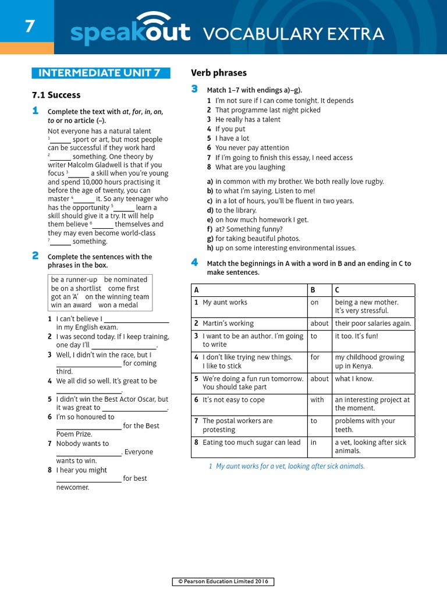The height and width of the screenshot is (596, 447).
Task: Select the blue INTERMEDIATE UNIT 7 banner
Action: (x=101, y=73)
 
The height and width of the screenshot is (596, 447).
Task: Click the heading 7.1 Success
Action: (x=56, y=95)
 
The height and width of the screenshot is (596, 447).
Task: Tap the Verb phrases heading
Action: (x=219, y=73)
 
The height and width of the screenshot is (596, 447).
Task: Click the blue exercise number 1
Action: (x=36, y=111)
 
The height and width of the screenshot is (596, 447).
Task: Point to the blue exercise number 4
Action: (x=194, y=262)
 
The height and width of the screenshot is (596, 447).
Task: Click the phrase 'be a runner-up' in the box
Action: (x=74, y=279)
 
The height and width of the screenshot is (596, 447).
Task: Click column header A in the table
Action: (x=197, y=290)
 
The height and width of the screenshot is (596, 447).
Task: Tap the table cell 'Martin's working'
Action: (x=228, y=324)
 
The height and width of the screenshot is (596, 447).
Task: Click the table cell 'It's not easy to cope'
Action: (x=233, y=400)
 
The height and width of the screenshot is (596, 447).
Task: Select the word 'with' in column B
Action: (x=317, y=400)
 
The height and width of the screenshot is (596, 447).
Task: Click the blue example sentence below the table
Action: (x=286, y=466)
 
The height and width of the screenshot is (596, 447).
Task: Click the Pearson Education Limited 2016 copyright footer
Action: (x=223, y=582)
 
